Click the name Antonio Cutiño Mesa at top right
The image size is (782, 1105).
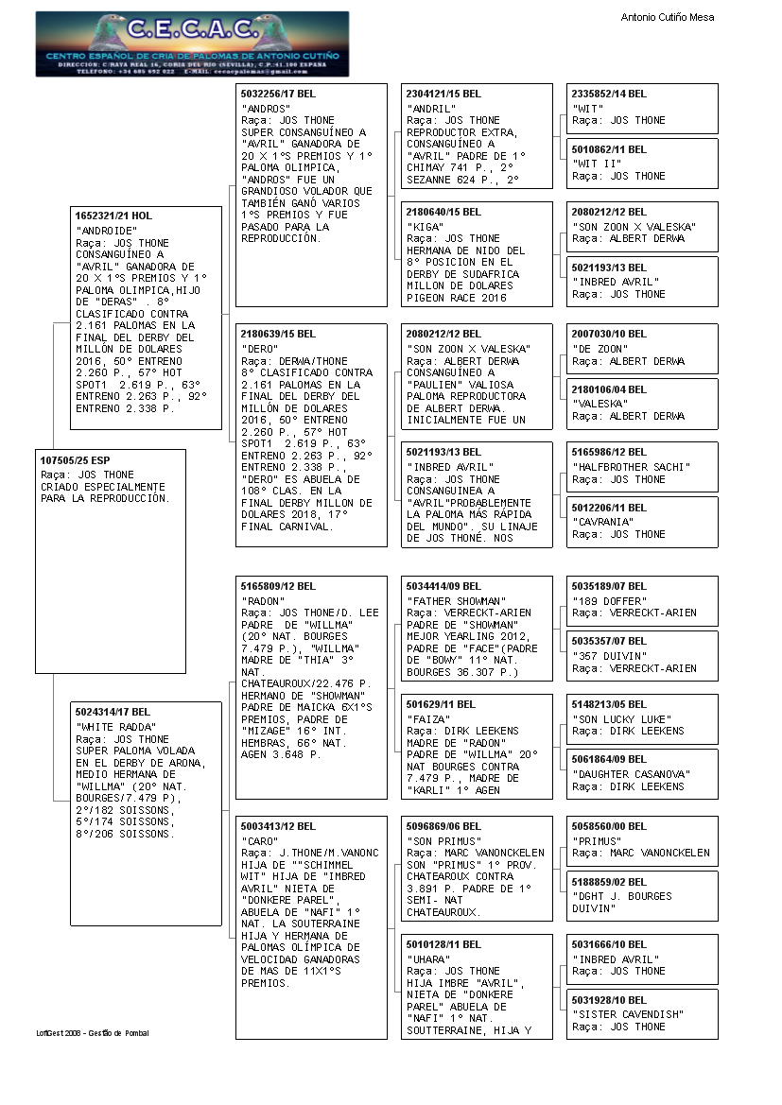668,17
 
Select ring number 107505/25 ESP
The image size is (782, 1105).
75,459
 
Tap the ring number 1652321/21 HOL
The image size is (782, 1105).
114,216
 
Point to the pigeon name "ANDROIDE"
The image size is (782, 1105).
106,231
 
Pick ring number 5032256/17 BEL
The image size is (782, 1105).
279,94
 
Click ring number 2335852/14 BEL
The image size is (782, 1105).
610,94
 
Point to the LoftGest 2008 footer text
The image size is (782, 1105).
93,1033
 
